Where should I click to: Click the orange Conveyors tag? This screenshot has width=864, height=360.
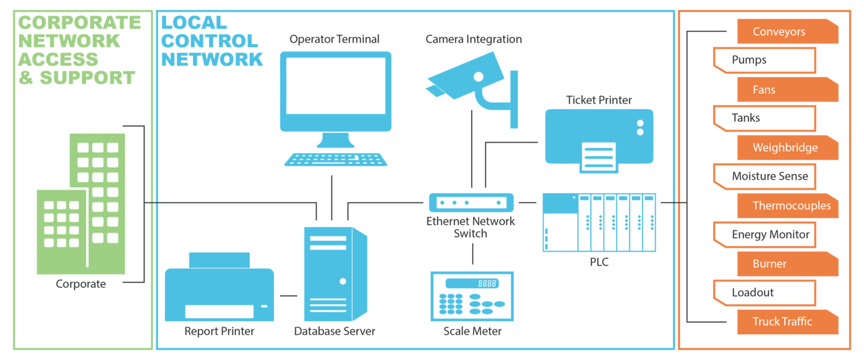coord(788,31)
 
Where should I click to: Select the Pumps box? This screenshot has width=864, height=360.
coord(764,60)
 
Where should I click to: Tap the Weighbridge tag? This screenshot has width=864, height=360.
coord(788,148)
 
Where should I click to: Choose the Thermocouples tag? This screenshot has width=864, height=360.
coord(788,206)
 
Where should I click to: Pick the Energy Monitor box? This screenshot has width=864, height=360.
coord(764,235)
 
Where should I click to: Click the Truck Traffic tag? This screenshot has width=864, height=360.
coord(788,322)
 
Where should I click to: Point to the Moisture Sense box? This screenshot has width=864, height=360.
coord(764,176)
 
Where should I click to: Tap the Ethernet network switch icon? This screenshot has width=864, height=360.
coord(472,203)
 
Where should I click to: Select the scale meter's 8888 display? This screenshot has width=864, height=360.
coord(472,284)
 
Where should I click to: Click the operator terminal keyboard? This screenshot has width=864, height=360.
coord(335,160)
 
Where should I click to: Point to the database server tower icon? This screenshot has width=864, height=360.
coord(335,274)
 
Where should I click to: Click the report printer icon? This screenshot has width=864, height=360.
coord(219,287)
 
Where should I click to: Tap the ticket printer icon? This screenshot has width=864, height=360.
coord(599,141)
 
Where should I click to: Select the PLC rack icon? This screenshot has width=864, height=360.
coord(599,223)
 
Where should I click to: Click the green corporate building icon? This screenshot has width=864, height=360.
coord(81,204)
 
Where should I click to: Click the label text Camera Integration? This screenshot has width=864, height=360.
coord(473,39)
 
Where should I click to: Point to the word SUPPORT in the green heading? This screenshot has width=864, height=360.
coord(88,77)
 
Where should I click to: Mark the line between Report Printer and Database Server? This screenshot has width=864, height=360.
coord(289,296)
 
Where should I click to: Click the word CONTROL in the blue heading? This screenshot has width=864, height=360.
coord(209,41)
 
